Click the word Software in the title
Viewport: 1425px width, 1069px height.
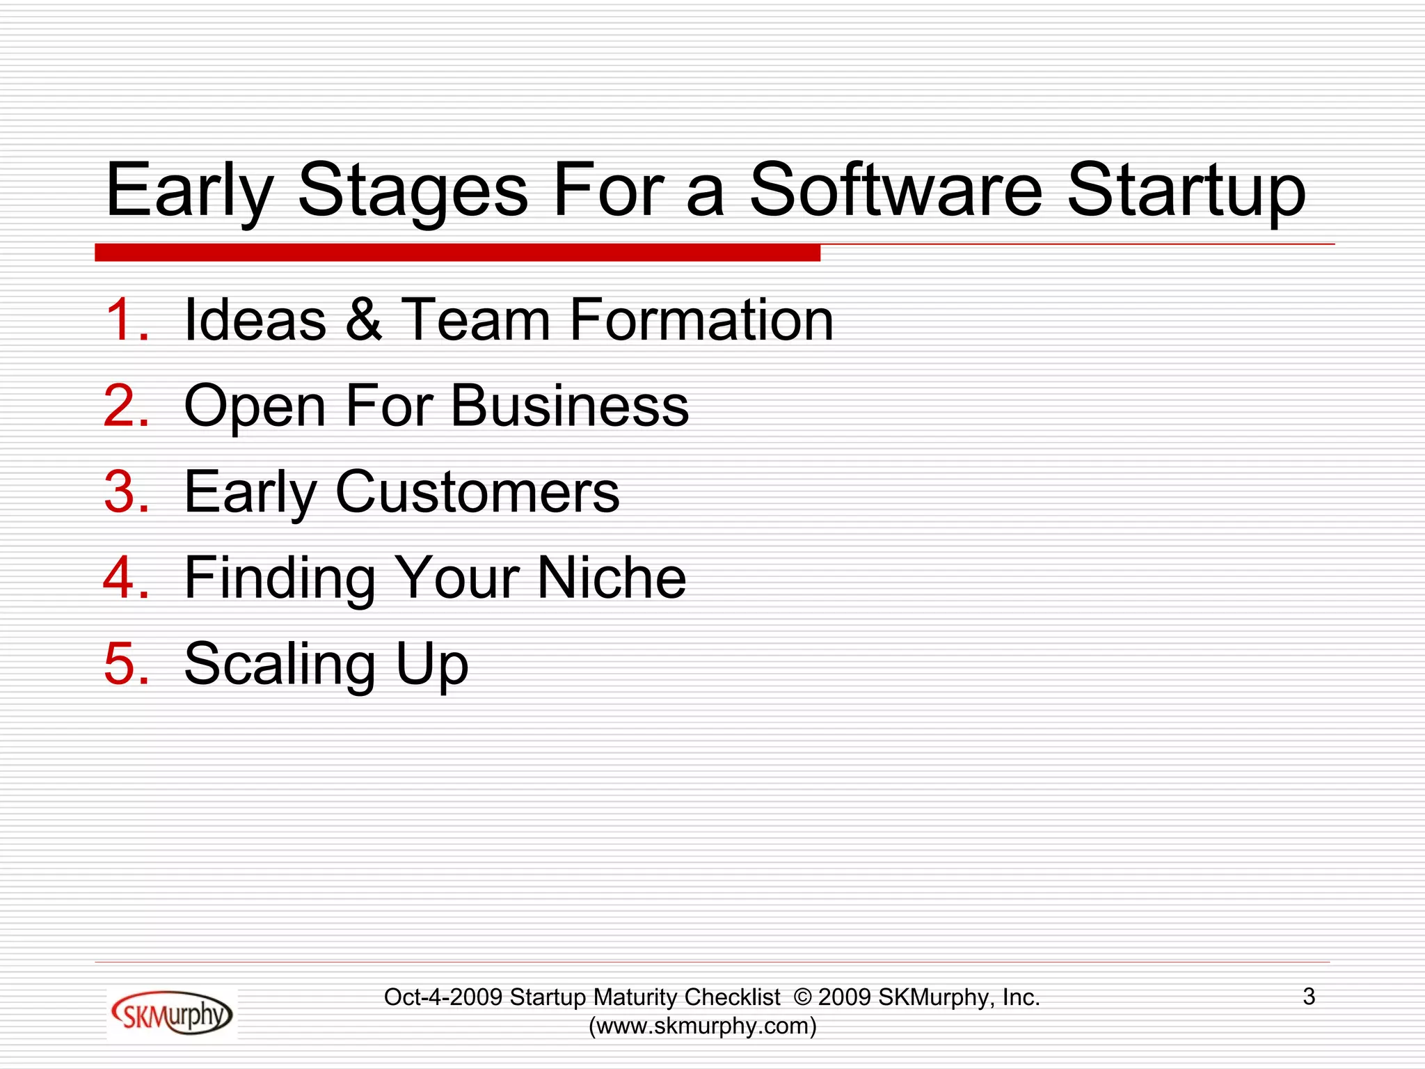click(x=895, y=189)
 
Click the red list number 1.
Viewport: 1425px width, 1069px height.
click(x=126, y=319)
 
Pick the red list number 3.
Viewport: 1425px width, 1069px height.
click(x=126, y=492)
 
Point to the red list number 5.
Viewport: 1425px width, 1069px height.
click(x=126, y=663)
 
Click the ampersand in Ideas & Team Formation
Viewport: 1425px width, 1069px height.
click(x=363, y=319)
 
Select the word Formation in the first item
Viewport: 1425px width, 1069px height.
click(x=701, y=319)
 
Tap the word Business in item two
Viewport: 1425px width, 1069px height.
click(x=569, y=406)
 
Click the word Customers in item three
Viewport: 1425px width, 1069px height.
click(x=477, y=492)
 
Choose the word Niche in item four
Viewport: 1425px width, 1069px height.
click(x=612, y=578)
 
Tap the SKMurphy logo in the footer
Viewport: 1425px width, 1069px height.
click(x=172, y=1014)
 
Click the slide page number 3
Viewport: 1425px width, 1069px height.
click(x=1309, y=997)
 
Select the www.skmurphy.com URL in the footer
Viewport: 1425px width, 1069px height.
click(x=703, y=1026)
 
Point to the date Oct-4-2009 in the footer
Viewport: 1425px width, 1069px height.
click(x=443, y=997)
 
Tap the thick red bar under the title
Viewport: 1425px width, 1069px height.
click(x=457, y=253)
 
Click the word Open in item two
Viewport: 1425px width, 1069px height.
click(x=254, y=407)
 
